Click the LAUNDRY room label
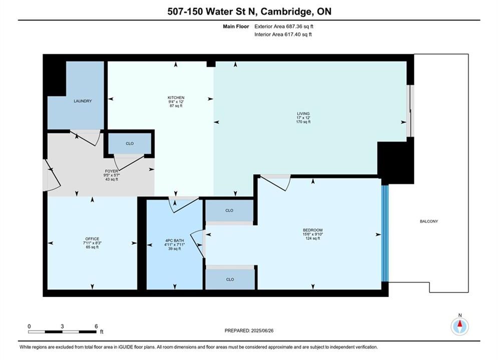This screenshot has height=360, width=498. tap(83, 101)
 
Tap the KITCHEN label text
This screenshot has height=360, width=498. tap(176, 97)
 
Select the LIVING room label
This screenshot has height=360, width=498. tap(303, 113)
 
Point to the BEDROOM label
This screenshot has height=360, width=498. tap(313, 230)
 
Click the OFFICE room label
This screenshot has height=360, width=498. tap(92, 239)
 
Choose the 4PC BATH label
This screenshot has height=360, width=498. tap(174, 240)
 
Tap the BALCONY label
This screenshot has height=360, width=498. tap(429, 221)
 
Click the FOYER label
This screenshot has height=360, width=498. tap(112, 171)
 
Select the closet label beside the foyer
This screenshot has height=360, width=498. tap(130, 143)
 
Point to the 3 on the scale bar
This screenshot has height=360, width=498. tap(62, 326)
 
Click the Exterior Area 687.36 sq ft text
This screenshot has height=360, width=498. tap(284, 26)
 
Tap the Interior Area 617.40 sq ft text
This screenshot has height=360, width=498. tap(283, 34)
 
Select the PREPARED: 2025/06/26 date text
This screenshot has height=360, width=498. tap(249, 330)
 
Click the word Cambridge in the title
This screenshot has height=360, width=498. tap(285, 11)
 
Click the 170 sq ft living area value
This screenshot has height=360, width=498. tap(303, 122)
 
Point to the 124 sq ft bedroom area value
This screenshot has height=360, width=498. tap(313, 238)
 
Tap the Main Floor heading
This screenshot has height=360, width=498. tap(236, 26)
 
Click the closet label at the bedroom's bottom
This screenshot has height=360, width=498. tap(230, 279)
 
